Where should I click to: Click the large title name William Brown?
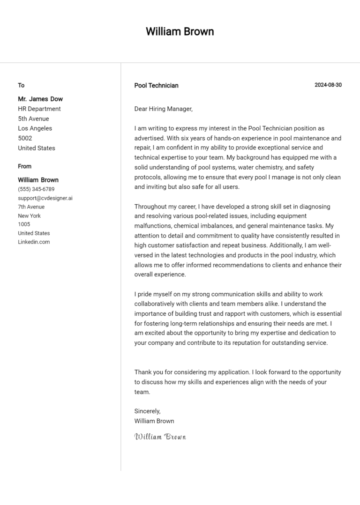[x=180, y=32]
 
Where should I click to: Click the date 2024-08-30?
[x=328, y=85]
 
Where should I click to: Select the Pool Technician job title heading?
[x=156, y=85]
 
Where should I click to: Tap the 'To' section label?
[x=21, y=85]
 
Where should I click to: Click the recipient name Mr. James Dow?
[x=40, y=99]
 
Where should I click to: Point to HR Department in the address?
[x=39, y=109]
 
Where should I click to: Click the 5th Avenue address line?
[x=33, y=119]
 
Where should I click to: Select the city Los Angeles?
[x=35, y=128]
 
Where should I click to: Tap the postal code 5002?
[x=25, y=138]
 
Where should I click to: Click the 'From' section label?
[x=25, y=166]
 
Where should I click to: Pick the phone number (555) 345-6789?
[x=36, y=189]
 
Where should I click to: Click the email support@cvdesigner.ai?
[x=45, y=198]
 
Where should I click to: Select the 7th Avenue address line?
[x=31, y=207]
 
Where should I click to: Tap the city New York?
[x=30, y=215]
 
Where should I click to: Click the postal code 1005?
[x=24, y=224]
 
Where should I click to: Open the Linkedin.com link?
[x=34, y=242]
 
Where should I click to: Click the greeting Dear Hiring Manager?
[x=163, y=109]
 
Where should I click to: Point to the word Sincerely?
[x=147, y=411]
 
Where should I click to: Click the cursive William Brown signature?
[x=160, y=437]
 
